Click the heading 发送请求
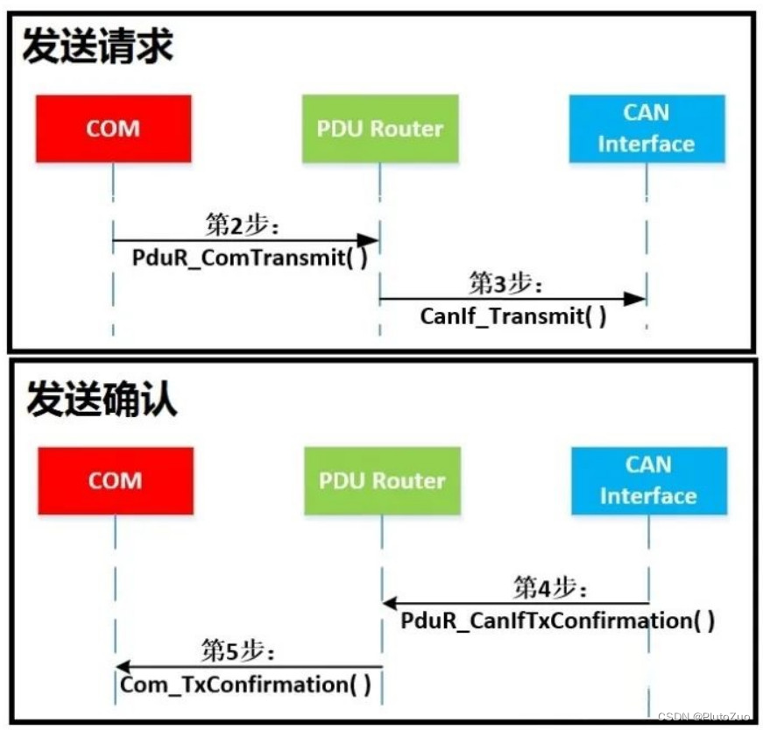pyautogui.click(x=97, y=46)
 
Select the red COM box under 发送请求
pyautogui.click(x=113, y=129)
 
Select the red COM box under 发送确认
pyautogui.click(x=115, y=480)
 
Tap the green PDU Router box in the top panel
pyautogui.click(x=380, y=129)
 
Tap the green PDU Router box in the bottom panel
pyautogui.click(x=382, y=480)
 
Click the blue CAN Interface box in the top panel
pyautogui.click(x=646, y=129)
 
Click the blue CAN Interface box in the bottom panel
pyautogui.click(x=648, y=480)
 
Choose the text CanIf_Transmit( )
pyautogui.click(x=512, y=316)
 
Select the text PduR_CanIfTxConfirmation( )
pyautogui.click(x=558, y=620)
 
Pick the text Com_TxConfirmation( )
pyautogui.click(x=245, y=684)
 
